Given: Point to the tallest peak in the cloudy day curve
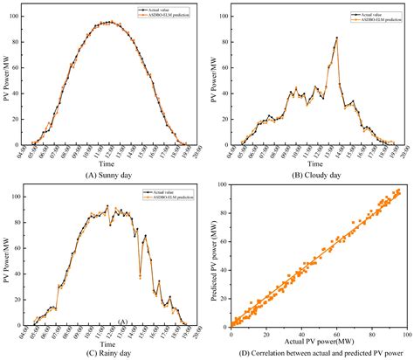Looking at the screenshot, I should pyautogui.click(x=337, y=38).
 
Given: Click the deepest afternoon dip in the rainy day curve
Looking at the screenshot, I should pyautogui.click(x=141, y=276).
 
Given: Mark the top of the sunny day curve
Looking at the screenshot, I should pyautogui.click(x=107, y=22).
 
